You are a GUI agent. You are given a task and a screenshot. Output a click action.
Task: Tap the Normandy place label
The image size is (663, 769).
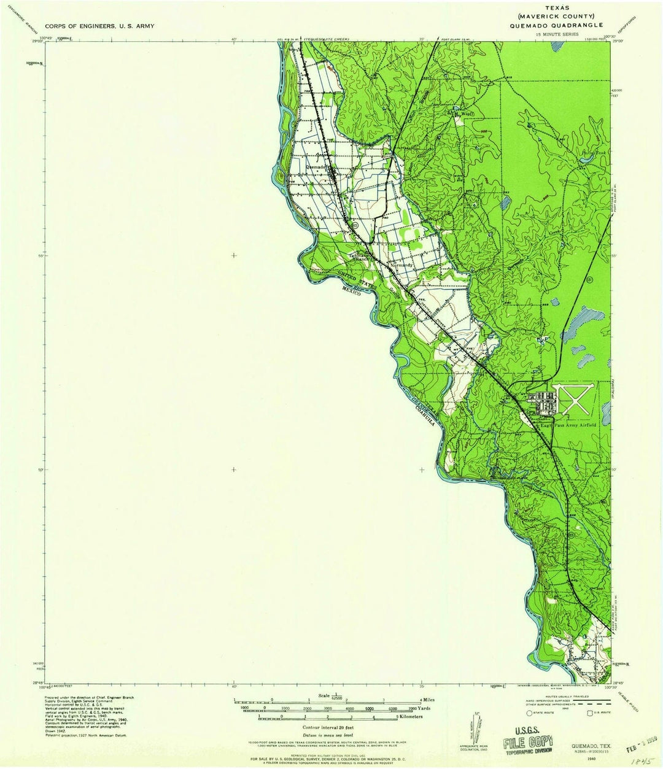coord(402,265)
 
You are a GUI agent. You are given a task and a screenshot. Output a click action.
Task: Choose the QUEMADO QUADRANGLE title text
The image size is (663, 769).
coord(555,25)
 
